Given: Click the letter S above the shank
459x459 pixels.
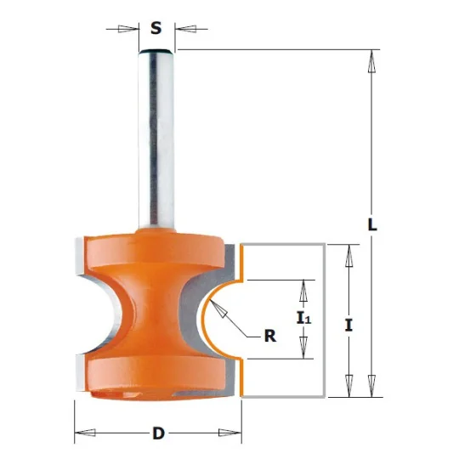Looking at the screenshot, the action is coord(156,28).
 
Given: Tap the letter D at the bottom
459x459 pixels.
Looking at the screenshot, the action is coord(159,433).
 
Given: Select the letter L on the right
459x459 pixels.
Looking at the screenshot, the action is coord(371,224).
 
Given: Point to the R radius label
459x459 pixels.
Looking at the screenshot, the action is coord(270,336).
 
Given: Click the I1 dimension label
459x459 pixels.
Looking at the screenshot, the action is coord(304,319).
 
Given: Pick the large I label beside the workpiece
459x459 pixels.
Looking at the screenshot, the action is coord(348,326).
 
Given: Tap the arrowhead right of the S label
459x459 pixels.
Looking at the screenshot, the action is coord(185,29).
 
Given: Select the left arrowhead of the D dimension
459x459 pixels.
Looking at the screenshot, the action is coord(85,433).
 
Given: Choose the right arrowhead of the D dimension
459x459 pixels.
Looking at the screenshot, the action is coord(230,433).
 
